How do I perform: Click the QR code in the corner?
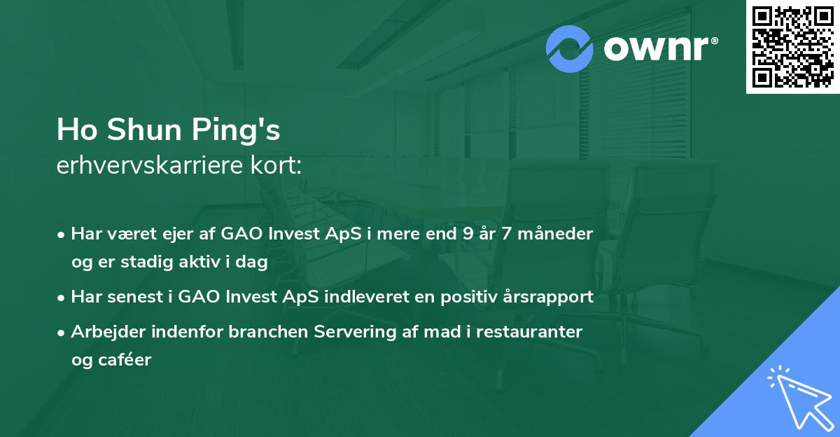click(x=792, y=47)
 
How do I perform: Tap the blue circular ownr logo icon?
click(x=570, y=48)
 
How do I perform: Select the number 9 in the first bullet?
click(x=467, y=234)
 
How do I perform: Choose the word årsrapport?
click(x=554, y=297)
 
